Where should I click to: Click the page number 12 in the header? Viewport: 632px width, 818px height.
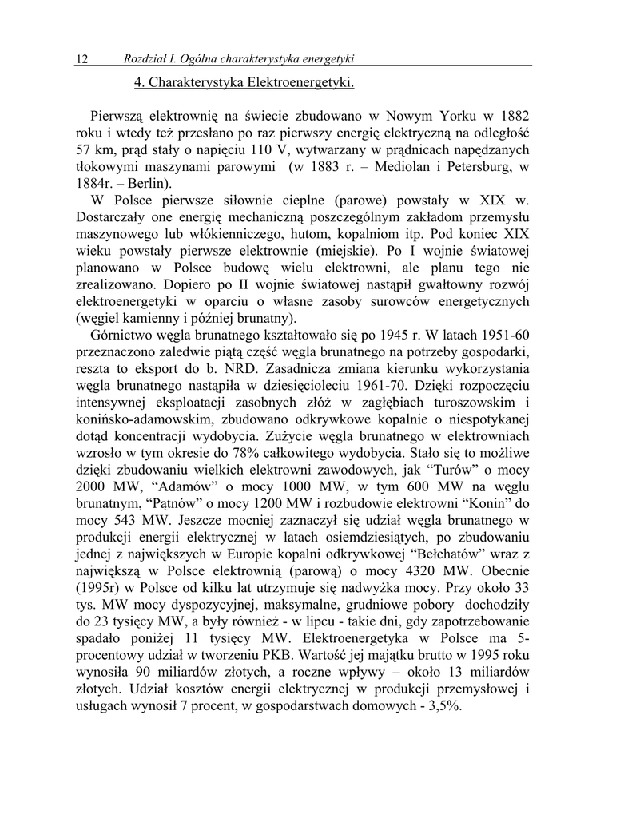click(x=81, y=58)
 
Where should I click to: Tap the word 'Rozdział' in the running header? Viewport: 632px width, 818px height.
click(x=146, y=58)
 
